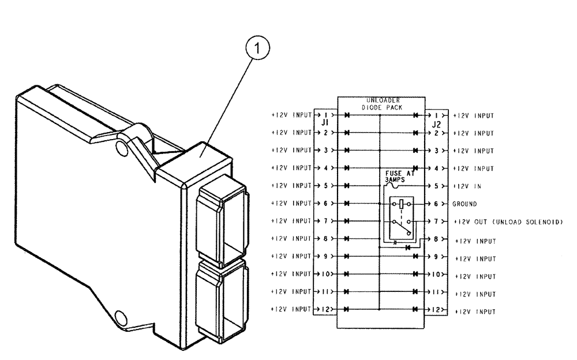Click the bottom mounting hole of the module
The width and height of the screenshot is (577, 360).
pos(120,317)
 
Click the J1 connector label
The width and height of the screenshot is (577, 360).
pos(324,123)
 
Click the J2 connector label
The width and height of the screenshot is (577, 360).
pos(437,123)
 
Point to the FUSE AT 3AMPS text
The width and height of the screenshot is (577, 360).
pos(404,176)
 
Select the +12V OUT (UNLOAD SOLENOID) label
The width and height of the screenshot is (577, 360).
pos(507,222)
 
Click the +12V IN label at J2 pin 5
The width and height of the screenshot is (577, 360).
pos(468,186)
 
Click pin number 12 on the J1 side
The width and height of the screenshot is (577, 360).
pos(326,310)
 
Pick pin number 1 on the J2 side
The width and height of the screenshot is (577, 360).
pos(435,115)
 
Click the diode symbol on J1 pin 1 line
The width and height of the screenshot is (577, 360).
pos(347,115)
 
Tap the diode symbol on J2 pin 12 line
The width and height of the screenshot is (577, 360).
pos(415,310)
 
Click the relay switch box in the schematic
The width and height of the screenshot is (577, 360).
pos(399,219)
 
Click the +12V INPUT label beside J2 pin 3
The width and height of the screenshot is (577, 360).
pos(475,150)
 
